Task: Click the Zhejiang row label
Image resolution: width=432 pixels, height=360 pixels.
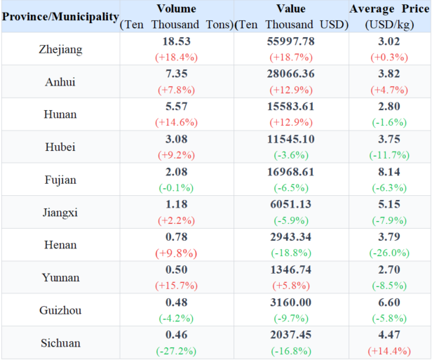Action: click(x=60, y=49)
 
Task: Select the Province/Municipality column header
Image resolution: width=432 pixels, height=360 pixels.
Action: click(x=60, y=16)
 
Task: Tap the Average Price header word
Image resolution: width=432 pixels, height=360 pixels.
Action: click(x=389, y=9)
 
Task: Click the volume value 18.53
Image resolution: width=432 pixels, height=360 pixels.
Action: click(x=176, y=41)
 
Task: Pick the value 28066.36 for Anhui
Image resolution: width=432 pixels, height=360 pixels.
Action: click(x=291, y=74)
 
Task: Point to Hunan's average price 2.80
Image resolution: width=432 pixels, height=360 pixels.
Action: click(x=389, y=107)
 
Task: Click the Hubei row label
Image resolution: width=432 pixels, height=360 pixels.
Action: click(x=60, y=147)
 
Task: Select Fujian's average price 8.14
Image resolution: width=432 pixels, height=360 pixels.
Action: click(x=389, y=172)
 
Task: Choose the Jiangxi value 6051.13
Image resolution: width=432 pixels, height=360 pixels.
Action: click(x=291, y=205)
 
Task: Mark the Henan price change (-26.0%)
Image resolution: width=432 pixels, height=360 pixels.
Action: click(x=389, y=253)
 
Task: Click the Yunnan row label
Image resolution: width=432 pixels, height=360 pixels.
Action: click(x=60, y=278)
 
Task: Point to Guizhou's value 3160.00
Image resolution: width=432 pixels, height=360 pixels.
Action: click(x=291, y=303)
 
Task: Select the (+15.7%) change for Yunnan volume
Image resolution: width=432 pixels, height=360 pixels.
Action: click(x=176, y=286)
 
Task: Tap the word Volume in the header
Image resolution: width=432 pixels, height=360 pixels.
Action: click(x=176, y=9)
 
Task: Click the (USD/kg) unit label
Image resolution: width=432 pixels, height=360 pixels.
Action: click(x=389, y=24)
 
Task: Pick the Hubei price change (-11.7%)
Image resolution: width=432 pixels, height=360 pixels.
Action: click(x=389, y=154)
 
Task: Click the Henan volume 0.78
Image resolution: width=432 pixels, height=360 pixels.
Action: click(x=176, y=238)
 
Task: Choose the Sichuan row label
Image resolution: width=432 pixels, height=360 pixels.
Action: click(x=60, y=343)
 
